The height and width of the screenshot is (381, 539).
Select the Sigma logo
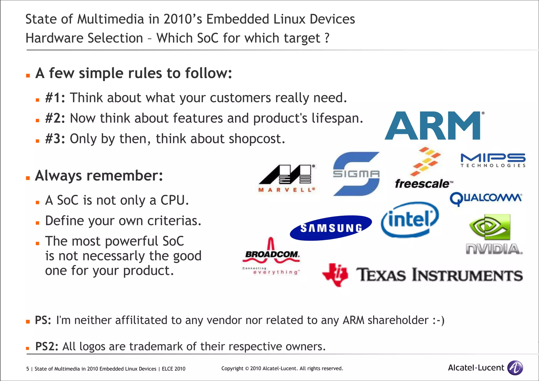[356, 174]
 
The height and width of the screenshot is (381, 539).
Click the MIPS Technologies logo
[493, 160]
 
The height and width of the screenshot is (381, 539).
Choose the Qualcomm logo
[486, 199]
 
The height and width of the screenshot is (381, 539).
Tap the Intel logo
[410, 219]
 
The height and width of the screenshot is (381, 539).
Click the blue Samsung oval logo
[331, 228]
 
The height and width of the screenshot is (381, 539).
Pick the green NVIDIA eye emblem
[490, 227]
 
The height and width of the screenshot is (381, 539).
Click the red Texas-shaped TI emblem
[335, 275]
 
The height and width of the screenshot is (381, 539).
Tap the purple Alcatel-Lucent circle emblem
[515, 368]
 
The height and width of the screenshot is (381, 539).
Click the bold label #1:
[55, 98]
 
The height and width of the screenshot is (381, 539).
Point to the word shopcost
[257, 139]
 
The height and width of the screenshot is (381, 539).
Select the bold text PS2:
[47, 346]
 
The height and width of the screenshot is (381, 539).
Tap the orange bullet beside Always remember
[28, 178]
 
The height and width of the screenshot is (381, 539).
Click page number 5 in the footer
[28, 369]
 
